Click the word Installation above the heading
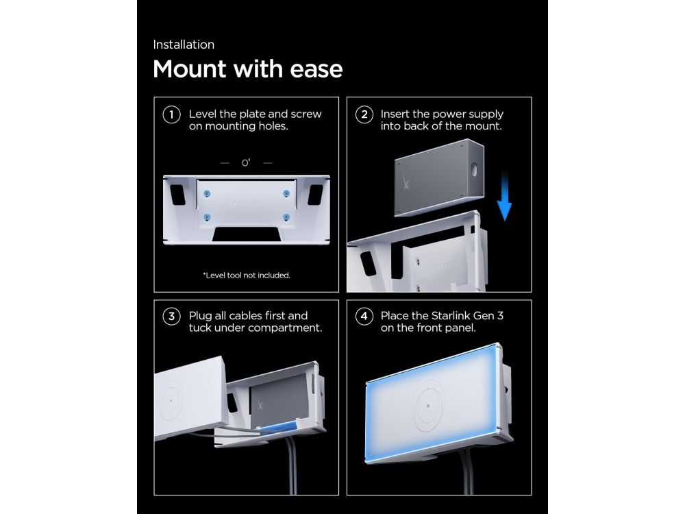coord(184,45)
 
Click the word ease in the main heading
coord(316,69)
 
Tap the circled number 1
coord(171,115)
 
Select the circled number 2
coord(364,115)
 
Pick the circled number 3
coord(171,316)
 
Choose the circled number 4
coord(364,316)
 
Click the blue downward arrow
coord(505,196)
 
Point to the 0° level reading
coord(246,162)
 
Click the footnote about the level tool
coord(247,276)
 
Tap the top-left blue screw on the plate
coord(207,194)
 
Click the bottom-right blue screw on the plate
coord(286,217)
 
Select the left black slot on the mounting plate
coord(178,195)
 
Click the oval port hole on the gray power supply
coord(474,169)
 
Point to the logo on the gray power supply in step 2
coord(406,180)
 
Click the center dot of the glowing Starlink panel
coord(427,406)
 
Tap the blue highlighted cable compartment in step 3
coord(280,427)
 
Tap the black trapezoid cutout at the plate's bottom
coord(247,234)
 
